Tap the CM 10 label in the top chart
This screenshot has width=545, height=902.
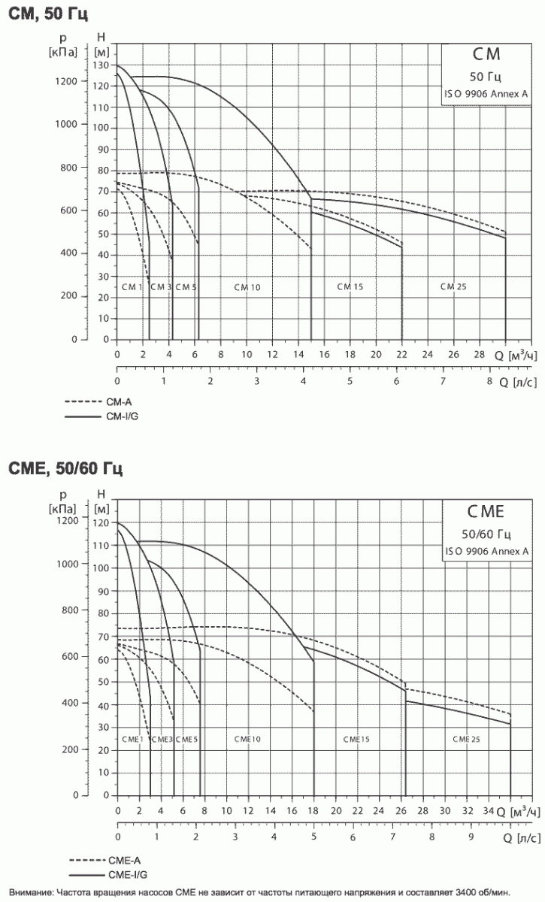247,287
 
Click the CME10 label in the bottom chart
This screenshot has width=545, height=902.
247,740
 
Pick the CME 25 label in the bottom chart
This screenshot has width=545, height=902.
466,740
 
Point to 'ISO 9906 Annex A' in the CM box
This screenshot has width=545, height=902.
486,94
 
